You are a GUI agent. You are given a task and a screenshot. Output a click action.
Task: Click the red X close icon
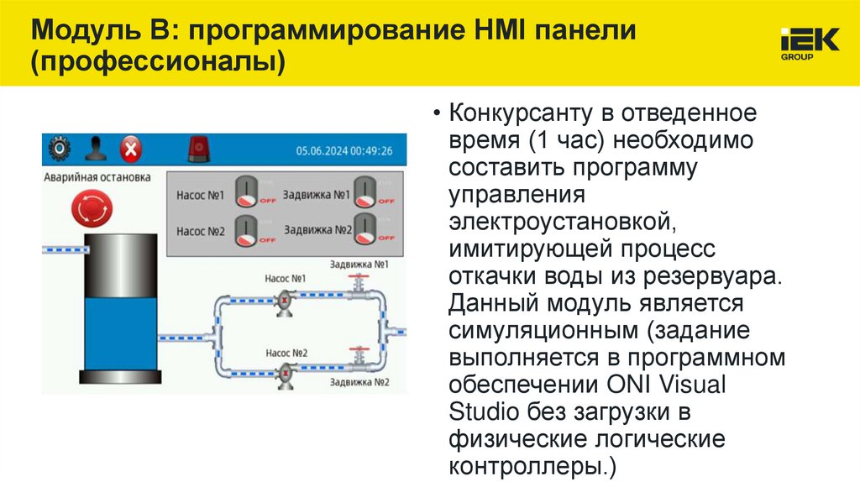coord(130,150)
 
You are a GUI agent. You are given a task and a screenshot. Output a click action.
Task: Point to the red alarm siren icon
coord(199,149)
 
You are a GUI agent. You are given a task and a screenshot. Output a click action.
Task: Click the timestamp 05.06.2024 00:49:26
coord(344,151)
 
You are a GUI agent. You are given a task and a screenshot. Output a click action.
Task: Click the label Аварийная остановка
coord(97,178)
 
